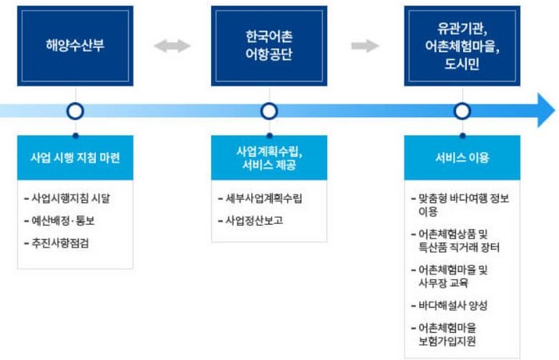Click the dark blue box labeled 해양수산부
75,46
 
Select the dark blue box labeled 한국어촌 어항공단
270,46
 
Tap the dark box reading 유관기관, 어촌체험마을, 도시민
462,46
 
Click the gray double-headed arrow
172,46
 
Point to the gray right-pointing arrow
365,46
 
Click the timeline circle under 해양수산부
75,111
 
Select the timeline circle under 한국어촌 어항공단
270,111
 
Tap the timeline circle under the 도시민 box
462,111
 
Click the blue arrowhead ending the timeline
546,110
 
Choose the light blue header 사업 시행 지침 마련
75,158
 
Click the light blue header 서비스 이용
462,158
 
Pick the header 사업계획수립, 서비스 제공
270,158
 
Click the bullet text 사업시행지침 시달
70,198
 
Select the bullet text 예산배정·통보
63,221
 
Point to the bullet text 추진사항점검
60,243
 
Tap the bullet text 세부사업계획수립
263,198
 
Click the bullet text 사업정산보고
254,221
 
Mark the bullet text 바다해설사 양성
453,306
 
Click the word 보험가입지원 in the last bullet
447,341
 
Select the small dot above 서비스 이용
462,135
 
